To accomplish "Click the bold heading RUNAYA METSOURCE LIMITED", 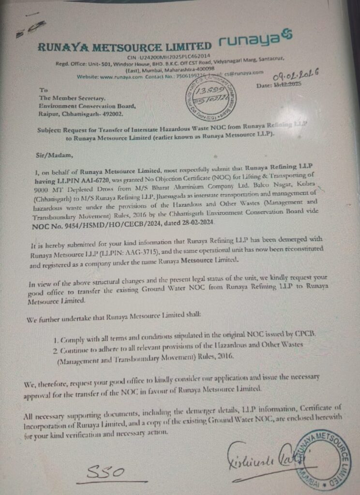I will pos(125,47).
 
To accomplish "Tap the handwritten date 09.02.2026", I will pos(300,73).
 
